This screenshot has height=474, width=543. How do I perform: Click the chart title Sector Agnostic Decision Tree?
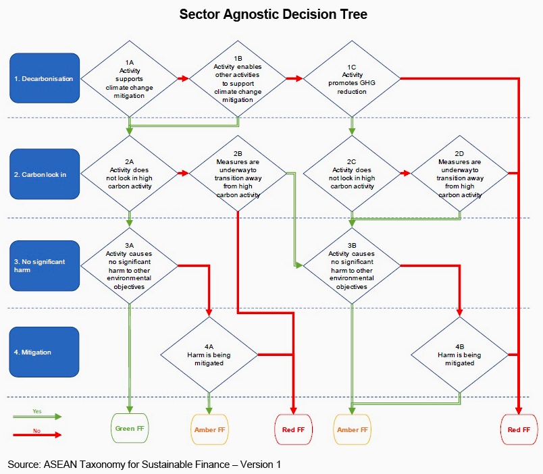[x=273, y=14]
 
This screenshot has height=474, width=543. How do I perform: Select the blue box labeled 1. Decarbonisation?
[x=45, y=79]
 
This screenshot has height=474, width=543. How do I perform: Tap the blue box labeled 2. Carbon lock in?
[x=45, y=174]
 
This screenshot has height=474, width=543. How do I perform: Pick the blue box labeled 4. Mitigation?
[x=45, y=352]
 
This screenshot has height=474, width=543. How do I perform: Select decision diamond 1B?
[x=238, y=79]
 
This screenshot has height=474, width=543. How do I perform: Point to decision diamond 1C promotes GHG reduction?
[x=352, y=79]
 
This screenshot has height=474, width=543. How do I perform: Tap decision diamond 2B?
[x=238, y=174]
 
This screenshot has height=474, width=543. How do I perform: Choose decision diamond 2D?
[x=460, y=174]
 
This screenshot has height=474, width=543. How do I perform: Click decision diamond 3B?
[x=352, y=265]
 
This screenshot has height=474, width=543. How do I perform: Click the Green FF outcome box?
[x=130, y=429]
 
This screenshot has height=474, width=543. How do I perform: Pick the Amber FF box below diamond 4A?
[x=210, y=429]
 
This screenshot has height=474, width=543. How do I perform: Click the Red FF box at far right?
[x=519, y=429]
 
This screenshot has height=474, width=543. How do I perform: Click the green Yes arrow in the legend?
[x=37, y=417]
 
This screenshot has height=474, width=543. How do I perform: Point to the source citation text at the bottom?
[x=144, y=465]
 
